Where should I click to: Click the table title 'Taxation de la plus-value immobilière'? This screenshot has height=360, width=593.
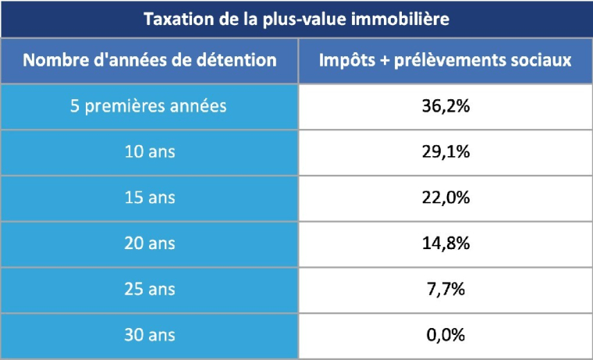coord(296,19)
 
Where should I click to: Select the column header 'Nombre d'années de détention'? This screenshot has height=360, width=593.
coord(149,60)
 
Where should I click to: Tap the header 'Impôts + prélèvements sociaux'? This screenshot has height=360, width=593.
coord(446,60)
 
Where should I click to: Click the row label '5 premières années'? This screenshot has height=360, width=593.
coord(149,106)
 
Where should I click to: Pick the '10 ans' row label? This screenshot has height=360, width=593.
coord(149,152)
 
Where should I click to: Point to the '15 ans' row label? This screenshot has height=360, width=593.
coord(149,198)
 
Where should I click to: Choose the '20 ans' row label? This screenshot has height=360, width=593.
coord(149,244)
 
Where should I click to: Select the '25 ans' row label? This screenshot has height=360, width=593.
coord(149,290)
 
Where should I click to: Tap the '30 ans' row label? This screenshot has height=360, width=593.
coord(149,336)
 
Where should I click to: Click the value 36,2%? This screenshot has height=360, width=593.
coord(446,106)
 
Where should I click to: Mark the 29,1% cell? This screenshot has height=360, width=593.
coord(446,152)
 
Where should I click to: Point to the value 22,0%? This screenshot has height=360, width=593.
coord(446,198)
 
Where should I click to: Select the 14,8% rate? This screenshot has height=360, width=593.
coord(446,244)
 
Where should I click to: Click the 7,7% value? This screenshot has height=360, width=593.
coord(446,290)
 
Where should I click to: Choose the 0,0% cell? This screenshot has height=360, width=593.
coord(446,336)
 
